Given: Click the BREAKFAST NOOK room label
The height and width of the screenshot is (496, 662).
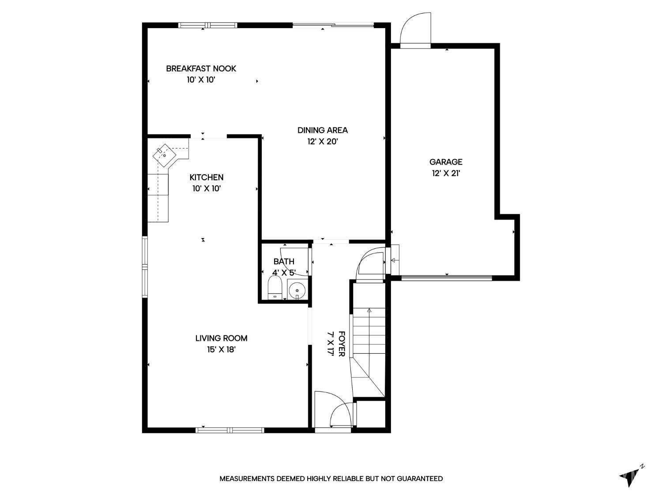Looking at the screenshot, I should (201, 68).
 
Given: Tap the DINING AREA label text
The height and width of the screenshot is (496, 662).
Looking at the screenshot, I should (322, 130).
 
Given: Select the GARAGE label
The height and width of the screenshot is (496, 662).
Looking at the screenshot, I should (446, 162).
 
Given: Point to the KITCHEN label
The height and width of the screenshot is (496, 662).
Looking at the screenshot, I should (206, 177).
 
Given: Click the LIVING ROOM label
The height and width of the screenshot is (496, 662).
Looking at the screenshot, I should (221, 338).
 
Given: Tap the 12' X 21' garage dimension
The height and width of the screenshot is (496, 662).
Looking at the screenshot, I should (446, 173).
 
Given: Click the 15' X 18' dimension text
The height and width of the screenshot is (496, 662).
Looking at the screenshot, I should (221, 350).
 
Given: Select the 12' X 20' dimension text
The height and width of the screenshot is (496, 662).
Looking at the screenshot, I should (322, 142).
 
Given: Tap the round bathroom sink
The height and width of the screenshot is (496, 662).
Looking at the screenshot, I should (297, 291).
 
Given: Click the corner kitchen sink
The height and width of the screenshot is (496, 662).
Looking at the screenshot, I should (165, 155).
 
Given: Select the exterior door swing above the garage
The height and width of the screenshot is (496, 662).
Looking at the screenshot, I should (415, 30).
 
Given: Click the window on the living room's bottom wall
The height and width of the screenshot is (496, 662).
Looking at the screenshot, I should (229, 430).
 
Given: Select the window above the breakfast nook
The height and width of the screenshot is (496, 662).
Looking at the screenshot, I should (207, 25).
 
